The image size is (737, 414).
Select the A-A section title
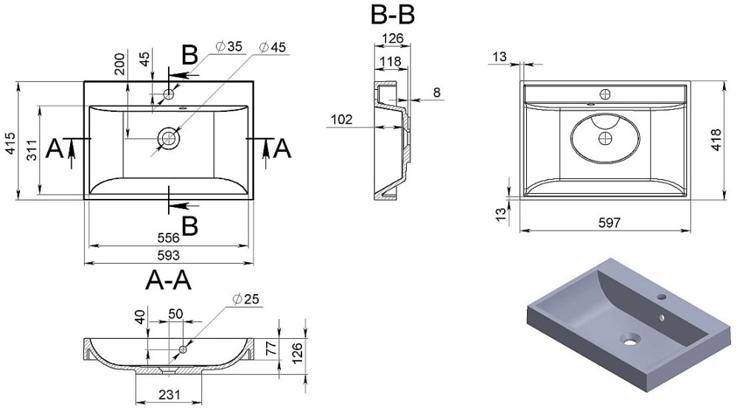point(170,281)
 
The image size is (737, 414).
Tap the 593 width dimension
point(169,255)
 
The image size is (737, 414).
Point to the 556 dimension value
point(169,238)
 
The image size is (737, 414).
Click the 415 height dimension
point(9,146)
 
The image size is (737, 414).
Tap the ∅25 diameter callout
point(245,300)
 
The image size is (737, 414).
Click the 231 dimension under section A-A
point(170,396)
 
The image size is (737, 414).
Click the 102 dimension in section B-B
point(342,119)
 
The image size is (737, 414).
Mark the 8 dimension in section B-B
point(436,92)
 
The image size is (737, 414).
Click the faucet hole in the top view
point(170,94)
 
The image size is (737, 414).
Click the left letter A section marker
point(54,150)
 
